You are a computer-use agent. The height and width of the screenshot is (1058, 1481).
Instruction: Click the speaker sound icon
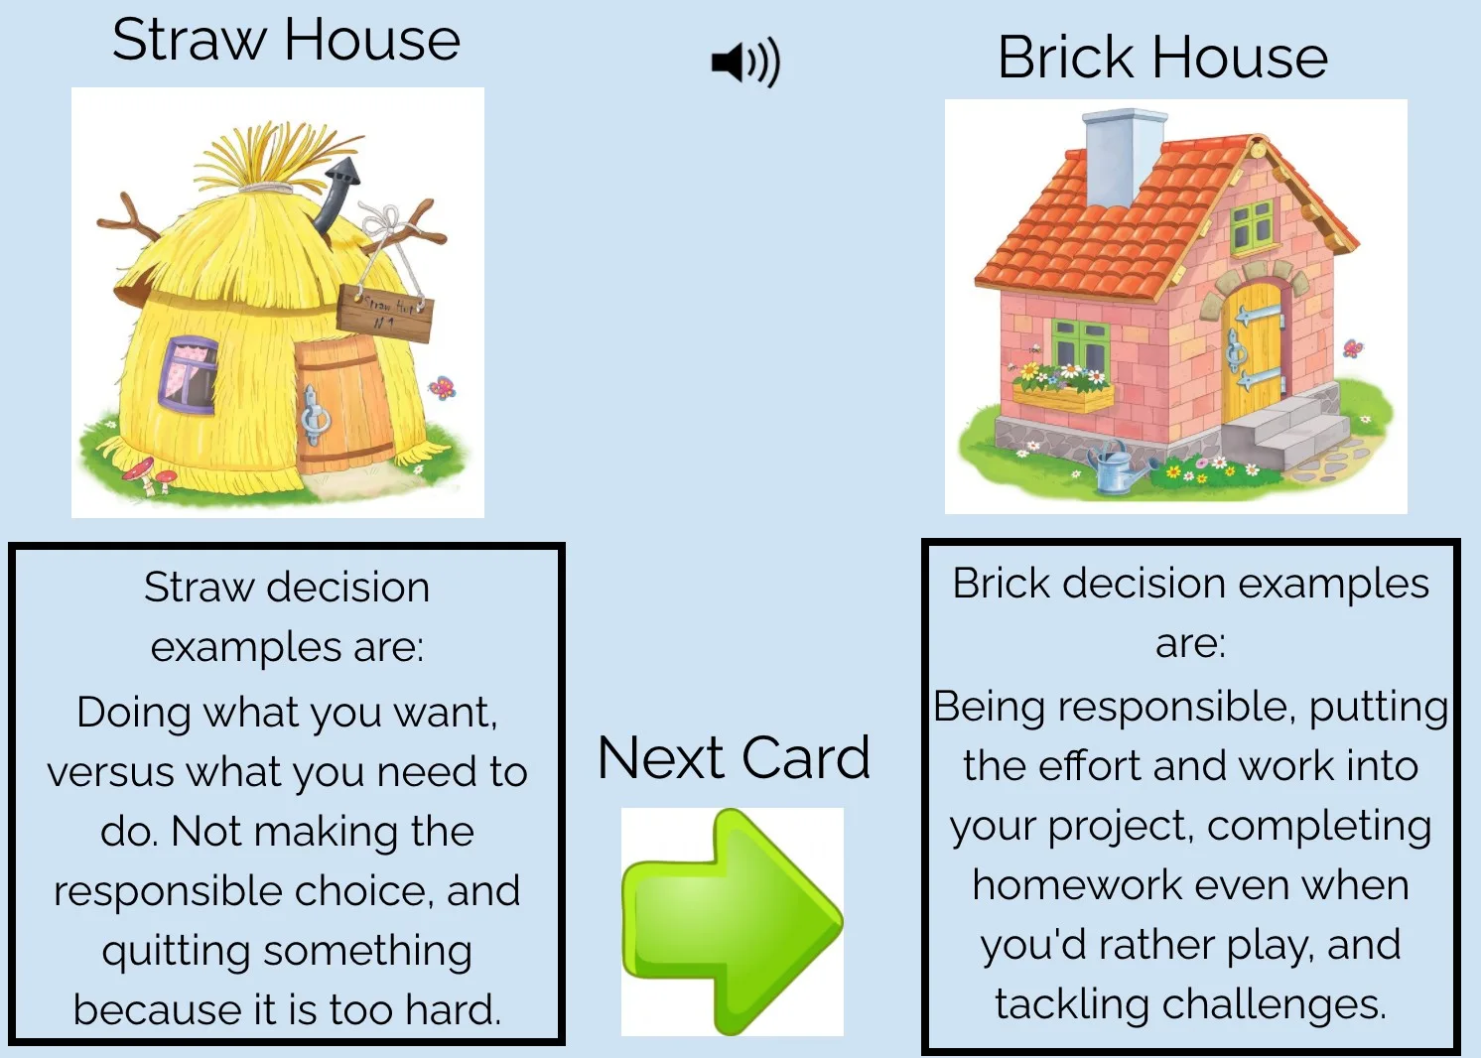click(x=745, y=63)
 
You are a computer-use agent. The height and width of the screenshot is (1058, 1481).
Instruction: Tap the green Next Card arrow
click(x=733, y=921)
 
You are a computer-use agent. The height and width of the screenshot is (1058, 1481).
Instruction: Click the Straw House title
click(x=286, y=41)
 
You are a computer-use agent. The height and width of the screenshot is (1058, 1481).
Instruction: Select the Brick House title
click(x=1162, y=58)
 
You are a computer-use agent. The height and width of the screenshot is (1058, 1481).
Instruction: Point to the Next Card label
click(x=734, y=758)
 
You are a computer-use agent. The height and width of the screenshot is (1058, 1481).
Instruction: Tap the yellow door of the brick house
click(x=1254, y=352)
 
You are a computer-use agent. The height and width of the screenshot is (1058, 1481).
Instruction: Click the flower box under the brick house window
click(x=1062, y=397)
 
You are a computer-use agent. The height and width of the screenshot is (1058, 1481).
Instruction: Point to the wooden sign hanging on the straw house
click(x=385, y=313)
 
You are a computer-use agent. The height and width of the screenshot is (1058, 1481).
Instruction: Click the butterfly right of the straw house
click(x=442, y=387)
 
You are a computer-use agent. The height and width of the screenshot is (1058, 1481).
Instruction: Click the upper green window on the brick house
click(x=1252, y=226)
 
